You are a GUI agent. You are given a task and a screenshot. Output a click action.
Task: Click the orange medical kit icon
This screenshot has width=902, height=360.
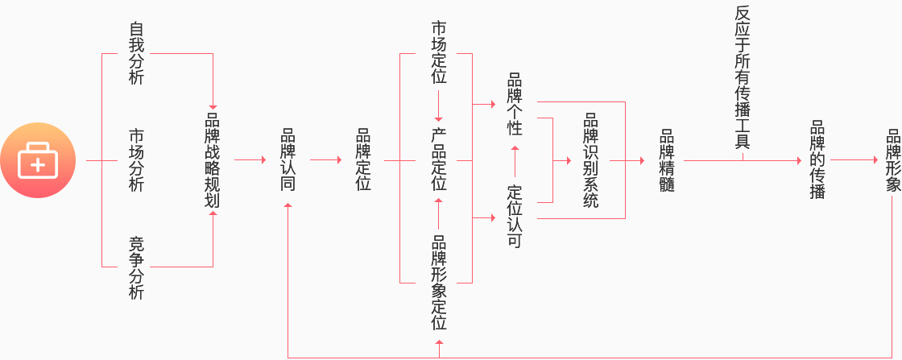click(x=38, y=160)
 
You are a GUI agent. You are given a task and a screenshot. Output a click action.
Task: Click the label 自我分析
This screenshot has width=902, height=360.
click(x=137, y=53)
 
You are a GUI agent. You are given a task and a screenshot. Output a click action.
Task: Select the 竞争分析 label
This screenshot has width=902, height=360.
click(x=137, y=267)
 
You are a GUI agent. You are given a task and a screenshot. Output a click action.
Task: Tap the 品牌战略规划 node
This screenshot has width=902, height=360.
click(x=213, y=160)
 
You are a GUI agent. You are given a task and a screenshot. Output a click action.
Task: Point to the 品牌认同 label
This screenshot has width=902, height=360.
click(x=288, y=160)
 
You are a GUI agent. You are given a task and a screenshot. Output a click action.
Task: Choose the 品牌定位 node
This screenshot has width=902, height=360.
click(x=363, y=160)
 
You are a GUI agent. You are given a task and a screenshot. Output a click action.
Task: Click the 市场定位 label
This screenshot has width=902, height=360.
click(x=439, y=53)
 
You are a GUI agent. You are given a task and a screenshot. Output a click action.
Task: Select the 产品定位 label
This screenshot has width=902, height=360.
click(x=439, y=160)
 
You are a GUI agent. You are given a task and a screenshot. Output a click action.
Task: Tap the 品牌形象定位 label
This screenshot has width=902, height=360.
click(x=439, y=282)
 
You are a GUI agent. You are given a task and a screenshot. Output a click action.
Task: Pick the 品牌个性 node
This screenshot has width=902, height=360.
click(x=515, y=104)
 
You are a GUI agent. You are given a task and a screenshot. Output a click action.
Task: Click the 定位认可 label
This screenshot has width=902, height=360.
click(x=515, y=217)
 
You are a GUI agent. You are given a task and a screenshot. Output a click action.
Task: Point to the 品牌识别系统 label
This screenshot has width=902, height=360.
click(x=590, y=160)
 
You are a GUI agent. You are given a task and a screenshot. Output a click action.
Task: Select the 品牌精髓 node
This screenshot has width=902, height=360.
click(x=666, y=160)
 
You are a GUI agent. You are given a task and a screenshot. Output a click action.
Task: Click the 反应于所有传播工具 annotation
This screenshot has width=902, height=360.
click(x=742, y=77)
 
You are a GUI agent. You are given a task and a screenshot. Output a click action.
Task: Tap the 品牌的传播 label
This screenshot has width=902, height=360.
click(x=817, y=160)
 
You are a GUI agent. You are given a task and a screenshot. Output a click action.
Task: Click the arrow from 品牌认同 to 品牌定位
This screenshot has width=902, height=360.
click(x=325, y=160)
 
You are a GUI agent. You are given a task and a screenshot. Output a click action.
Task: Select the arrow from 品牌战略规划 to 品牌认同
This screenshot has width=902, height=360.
click(x=250, y=160)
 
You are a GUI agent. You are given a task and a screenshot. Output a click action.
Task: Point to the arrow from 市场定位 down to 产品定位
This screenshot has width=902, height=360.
click(x=439, y=105)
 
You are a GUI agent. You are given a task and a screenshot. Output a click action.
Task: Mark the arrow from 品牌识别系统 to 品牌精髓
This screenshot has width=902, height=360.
click(x=628, y=160)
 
